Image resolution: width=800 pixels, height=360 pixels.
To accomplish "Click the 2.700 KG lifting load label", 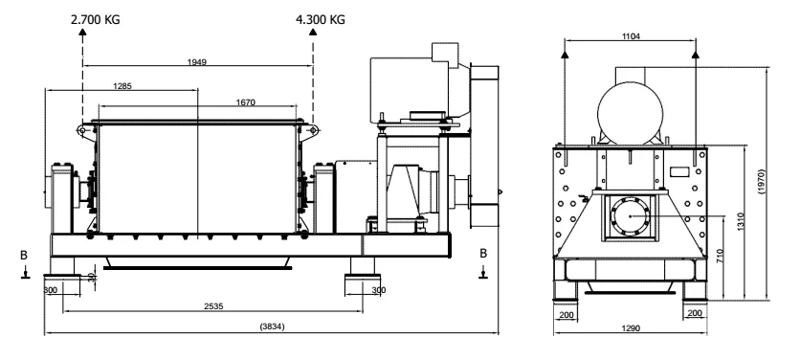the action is coord(96,20).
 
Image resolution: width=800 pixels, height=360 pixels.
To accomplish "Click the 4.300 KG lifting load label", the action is coord(321,20).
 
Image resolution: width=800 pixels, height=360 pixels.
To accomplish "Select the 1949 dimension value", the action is coord(197,62).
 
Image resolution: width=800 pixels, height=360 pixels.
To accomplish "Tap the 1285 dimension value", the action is coord(122,86).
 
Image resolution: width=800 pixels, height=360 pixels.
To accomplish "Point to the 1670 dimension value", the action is coord(245,102).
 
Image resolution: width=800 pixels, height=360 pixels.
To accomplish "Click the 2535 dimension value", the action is coord(213,307).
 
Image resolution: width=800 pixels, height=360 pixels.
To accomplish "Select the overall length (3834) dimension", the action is coord(272,326).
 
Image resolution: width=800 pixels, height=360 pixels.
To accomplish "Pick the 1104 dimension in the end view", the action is coord(632,36).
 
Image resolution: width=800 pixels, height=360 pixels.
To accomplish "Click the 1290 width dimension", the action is coord(632,328).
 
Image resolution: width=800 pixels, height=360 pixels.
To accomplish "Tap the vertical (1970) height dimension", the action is coord(761,181).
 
